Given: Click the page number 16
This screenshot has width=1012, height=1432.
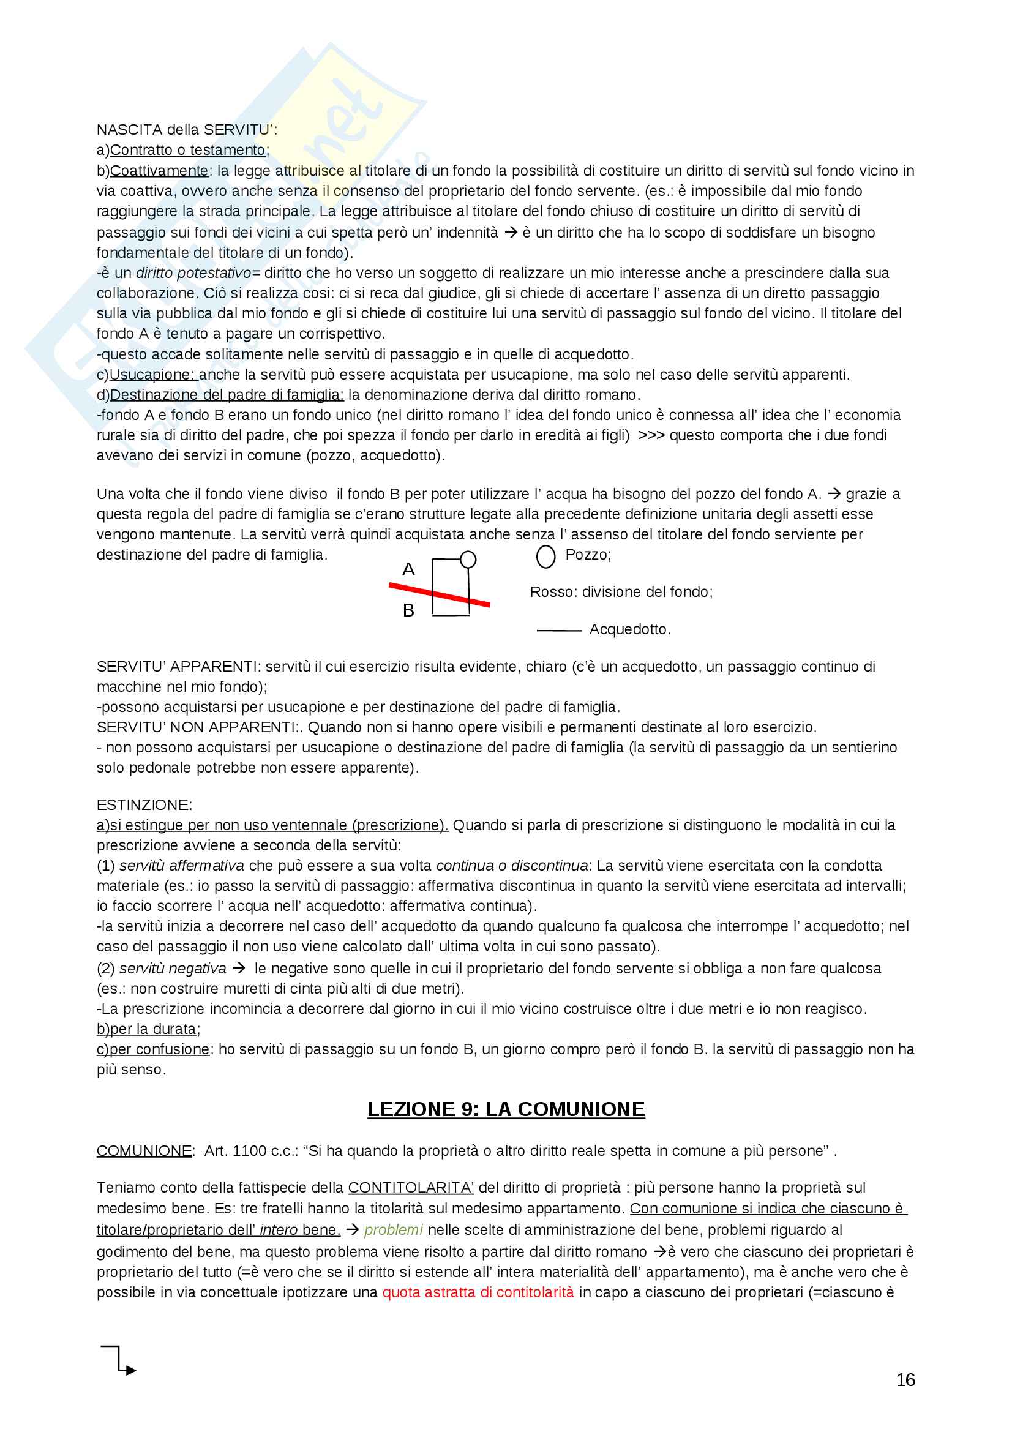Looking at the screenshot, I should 905,1379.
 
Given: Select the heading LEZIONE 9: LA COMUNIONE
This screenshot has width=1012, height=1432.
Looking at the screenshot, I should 506,1109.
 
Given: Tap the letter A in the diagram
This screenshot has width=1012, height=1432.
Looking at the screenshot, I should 408,569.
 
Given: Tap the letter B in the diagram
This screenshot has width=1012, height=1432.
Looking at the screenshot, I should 408,610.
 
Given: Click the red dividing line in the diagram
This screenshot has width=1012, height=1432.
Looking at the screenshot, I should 439,594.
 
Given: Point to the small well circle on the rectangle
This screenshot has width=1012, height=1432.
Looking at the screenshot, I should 468,560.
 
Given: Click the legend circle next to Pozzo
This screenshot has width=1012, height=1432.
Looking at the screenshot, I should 545,557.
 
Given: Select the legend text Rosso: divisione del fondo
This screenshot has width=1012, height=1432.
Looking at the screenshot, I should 621,592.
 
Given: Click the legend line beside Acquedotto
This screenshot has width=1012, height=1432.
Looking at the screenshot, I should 559,631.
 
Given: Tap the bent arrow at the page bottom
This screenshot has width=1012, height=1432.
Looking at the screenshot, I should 119,1360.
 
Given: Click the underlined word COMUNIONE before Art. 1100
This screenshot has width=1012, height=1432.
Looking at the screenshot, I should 144,1151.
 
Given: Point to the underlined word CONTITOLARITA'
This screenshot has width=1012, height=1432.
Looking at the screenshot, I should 411,1188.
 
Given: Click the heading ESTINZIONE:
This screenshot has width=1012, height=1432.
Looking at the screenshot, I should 144,804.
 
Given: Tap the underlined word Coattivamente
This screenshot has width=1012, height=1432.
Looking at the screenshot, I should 159,171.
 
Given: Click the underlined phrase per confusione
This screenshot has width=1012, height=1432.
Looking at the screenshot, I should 159,1049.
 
